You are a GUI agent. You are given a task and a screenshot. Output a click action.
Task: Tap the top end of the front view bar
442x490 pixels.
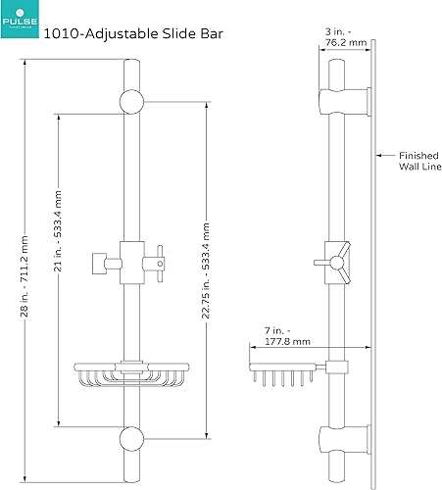tap(130, 63)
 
